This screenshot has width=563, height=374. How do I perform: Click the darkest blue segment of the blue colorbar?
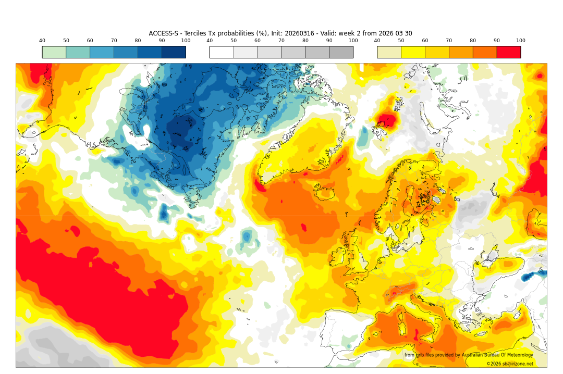(x=174, y=52)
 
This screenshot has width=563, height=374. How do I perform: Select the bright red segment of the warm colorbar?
(x=508, y=52)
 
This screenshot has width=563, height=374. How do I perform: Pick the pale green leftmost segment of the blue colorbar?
(x=54, y=52)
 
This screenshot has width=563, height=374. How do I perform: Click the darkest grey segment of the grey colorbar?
(x=341, y=52)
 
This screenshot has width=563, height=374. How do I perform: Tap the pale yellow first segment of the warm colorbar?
(x=389, y=52)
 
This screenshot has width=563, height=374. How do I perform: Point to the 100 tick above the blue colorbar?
(x=186, y=41)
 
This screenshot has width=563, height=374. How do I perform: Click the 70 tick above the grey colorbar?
(x=281, y=41)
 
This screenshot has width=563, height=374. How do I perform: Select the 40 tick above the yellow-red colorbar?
(x=377, y=41)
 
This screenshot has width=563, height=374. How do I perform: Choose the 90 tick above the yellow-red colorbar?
(x=497, y=41)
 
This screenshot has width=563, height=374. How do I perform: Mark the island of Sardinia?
(x=402, y=328)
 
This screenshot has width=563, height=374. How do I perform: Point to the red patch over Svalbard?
(x=386, y=121)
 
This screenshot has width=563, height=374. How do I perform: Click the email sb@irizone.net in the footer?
(x=516, y=364)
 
